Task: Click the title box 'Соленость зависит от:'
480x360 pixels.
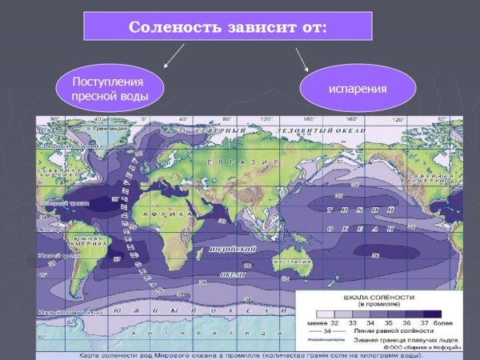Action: (x=228, y=26)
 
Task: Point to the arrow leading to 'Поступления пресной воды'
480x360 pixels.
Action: (x=173, y=56)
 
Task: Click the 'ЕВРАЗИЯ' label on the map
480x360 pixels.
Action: (x=233, y=163)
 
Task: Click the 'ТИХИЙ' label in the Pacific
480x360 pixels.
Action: (x=353, y=209)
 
